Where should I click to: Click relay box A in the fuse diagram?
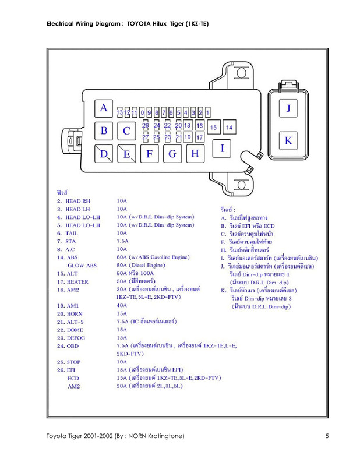pyautogui.click(x=104, y=108)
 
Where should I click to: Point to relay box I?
pyautogui.click(x=222, y=148)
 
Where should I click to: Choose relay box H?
pyautogui.click(x=195, y=154)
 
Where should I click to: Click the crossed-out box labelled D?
pyautogui.click(x=104, y=154)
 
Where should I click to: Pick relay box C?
pyautogui.click(x=126, y=131)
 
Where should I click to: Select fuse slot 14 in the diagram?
pyautogui.click(x=229, y=127)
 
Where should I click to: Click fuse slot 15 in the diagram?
pyautogui.click(x=214, y=127)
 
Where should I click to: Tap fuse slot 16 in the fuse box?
pyautogui.click(x=199, y=126)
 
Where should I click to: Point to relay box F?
pyautogui.click(x=150, y=154)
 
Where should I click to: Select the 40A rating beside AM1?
pyautogui.click(x=122, y=305)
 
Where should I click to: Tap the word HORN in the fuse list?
pyautogui.click(x=75, y=313)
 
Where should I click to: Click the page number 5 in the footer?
pyautogui.click(x=327, y=436)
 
